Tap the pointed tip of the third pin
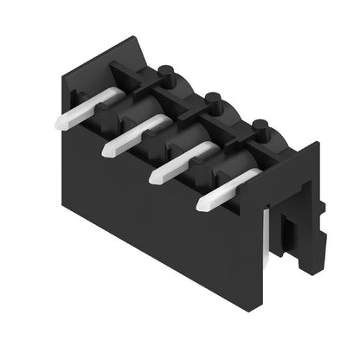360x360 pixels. (x=154, y=177)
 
